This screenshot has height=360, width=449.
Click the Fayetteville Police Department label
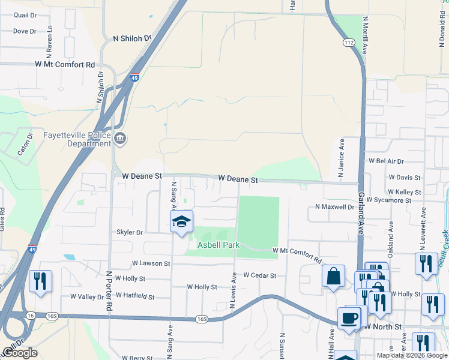(77, 139)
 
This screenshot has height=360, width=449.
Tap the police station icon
(120, 139)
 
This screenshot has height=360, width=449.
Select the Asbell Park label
(218, 245)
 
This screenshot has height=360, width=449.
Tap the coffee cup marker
(348, 318)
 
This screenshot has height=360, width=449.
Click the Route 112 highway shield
(349, 43)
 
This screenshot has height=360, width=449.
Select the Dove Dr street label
(25, 31)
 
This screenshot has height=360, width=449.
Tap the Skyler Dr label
(130, 232)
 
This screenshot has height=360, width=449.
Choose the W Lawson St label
(151, 263)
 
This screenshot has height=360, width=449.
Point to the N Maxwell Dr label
(335, 207)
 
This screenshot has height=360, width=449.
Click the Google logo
(19, 353)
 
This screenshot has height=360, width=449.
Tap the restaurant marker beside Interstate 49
(40, 281)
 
